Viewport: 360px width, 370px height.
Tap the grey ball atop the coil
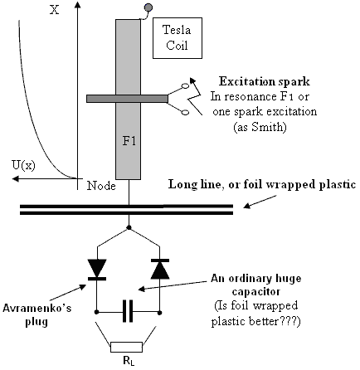tap(148, 7)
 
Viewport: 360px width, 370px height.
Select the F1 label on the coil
tap(129, 141)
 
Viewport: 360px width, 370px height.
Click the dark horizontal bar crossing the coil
tap(127, 99)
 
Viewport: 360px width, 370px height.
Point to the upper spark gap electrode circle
tap(185, 86)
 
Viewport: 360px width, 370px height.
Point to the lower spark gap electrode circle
tap(185, 112)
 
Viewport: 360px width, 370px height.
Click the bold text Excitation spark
tap(265, 82)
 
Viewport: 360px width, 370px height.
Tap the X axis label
tap(55, 11)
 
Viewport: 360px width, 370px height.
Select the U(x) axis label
tap(23, 165)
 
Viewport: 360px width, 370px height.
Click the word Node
tap(101, 186)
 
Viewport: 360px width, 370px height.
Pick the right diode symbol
tap(160, 269)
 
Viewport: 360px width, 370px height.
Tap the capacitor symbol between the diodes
tap(128, 311)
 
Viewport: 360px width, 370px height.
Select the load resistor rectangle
tap(127, 347)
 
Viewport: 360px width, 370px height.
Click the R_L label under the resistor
tap(129, 361)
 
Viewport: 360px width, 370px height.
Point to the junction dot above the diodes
tap(129, 227)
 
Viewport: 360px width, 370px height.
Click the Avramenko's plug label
tap(36, 315)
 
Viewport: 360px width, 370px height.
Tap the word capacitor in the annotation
tap(256, 292)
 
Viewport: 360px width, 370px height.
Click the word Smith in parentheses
tap(264, 127)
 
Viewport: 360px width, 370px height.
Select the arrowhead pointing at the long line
tap(247, 206)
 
